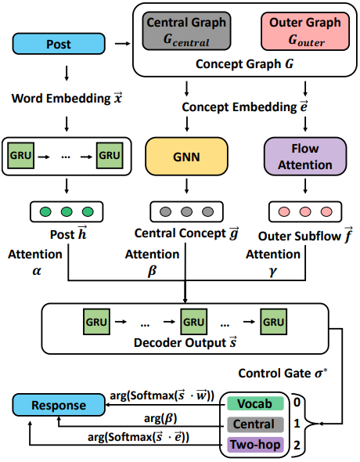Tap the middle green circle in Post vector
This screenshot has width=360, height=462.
[66, 211]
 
